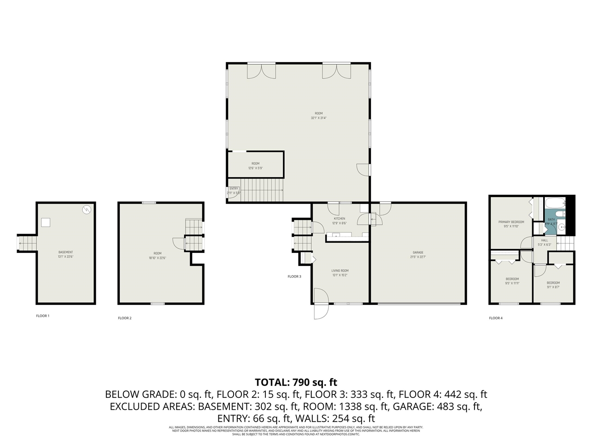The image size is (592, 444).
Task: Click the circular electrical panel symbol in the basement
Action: pyautogui.click(x=86, y=210)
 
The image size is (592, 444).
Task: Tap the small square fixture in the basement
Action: pyautogui.click(x=45, y=222)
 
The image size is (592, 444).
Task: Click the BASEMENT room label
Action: pyautogui.click(x=66, y=252)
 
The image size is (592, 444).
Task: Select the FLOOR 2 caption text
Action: pyautogui.click(x=124, y=318)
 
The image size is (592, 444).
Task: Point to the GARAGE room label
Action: pyautogui.click(x=418, y=253)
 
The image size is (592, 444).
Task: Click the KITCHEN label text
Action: pyautogui.click(x=339, y=219)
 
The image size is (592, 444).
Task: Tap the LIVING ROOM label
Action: pyautogui.click(x=340, y=271)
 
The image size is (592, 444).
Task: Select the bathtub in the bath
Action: pyautogui.click(x=555, y=203)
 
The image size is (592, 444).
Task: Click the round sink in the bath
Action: pyautogui.click(x=561, y=227)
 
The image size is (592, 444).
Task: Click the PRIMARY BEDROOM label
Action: pyautogui.click(x=511, y=222)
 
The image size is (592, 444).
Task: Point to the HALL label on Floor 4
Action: pyautogui.click(x=544, y=240)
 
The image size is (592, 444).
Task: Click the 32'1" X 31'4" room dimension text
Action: pyautogui.click(x=319, y=118)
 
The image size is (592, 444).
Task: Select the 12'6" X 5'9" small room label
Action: pyautogui.click(x=255, y=168)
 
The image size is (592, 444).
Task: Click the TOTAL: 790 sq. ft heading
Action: pyautogui.click(x=296, y=382)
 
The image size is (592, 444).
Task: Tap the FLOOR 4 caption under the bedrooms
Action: pyautogui.click(x=495, y=318)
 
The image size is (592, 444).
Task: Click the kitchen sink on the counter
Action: pyautogui.click(x=336, y=235)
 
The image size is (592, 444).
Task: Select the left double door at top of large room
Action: pyautogui.click(x=262, y=70)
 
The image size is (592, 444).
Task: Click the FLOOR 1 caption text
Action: pyautogui.click(x=43, y=316)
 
